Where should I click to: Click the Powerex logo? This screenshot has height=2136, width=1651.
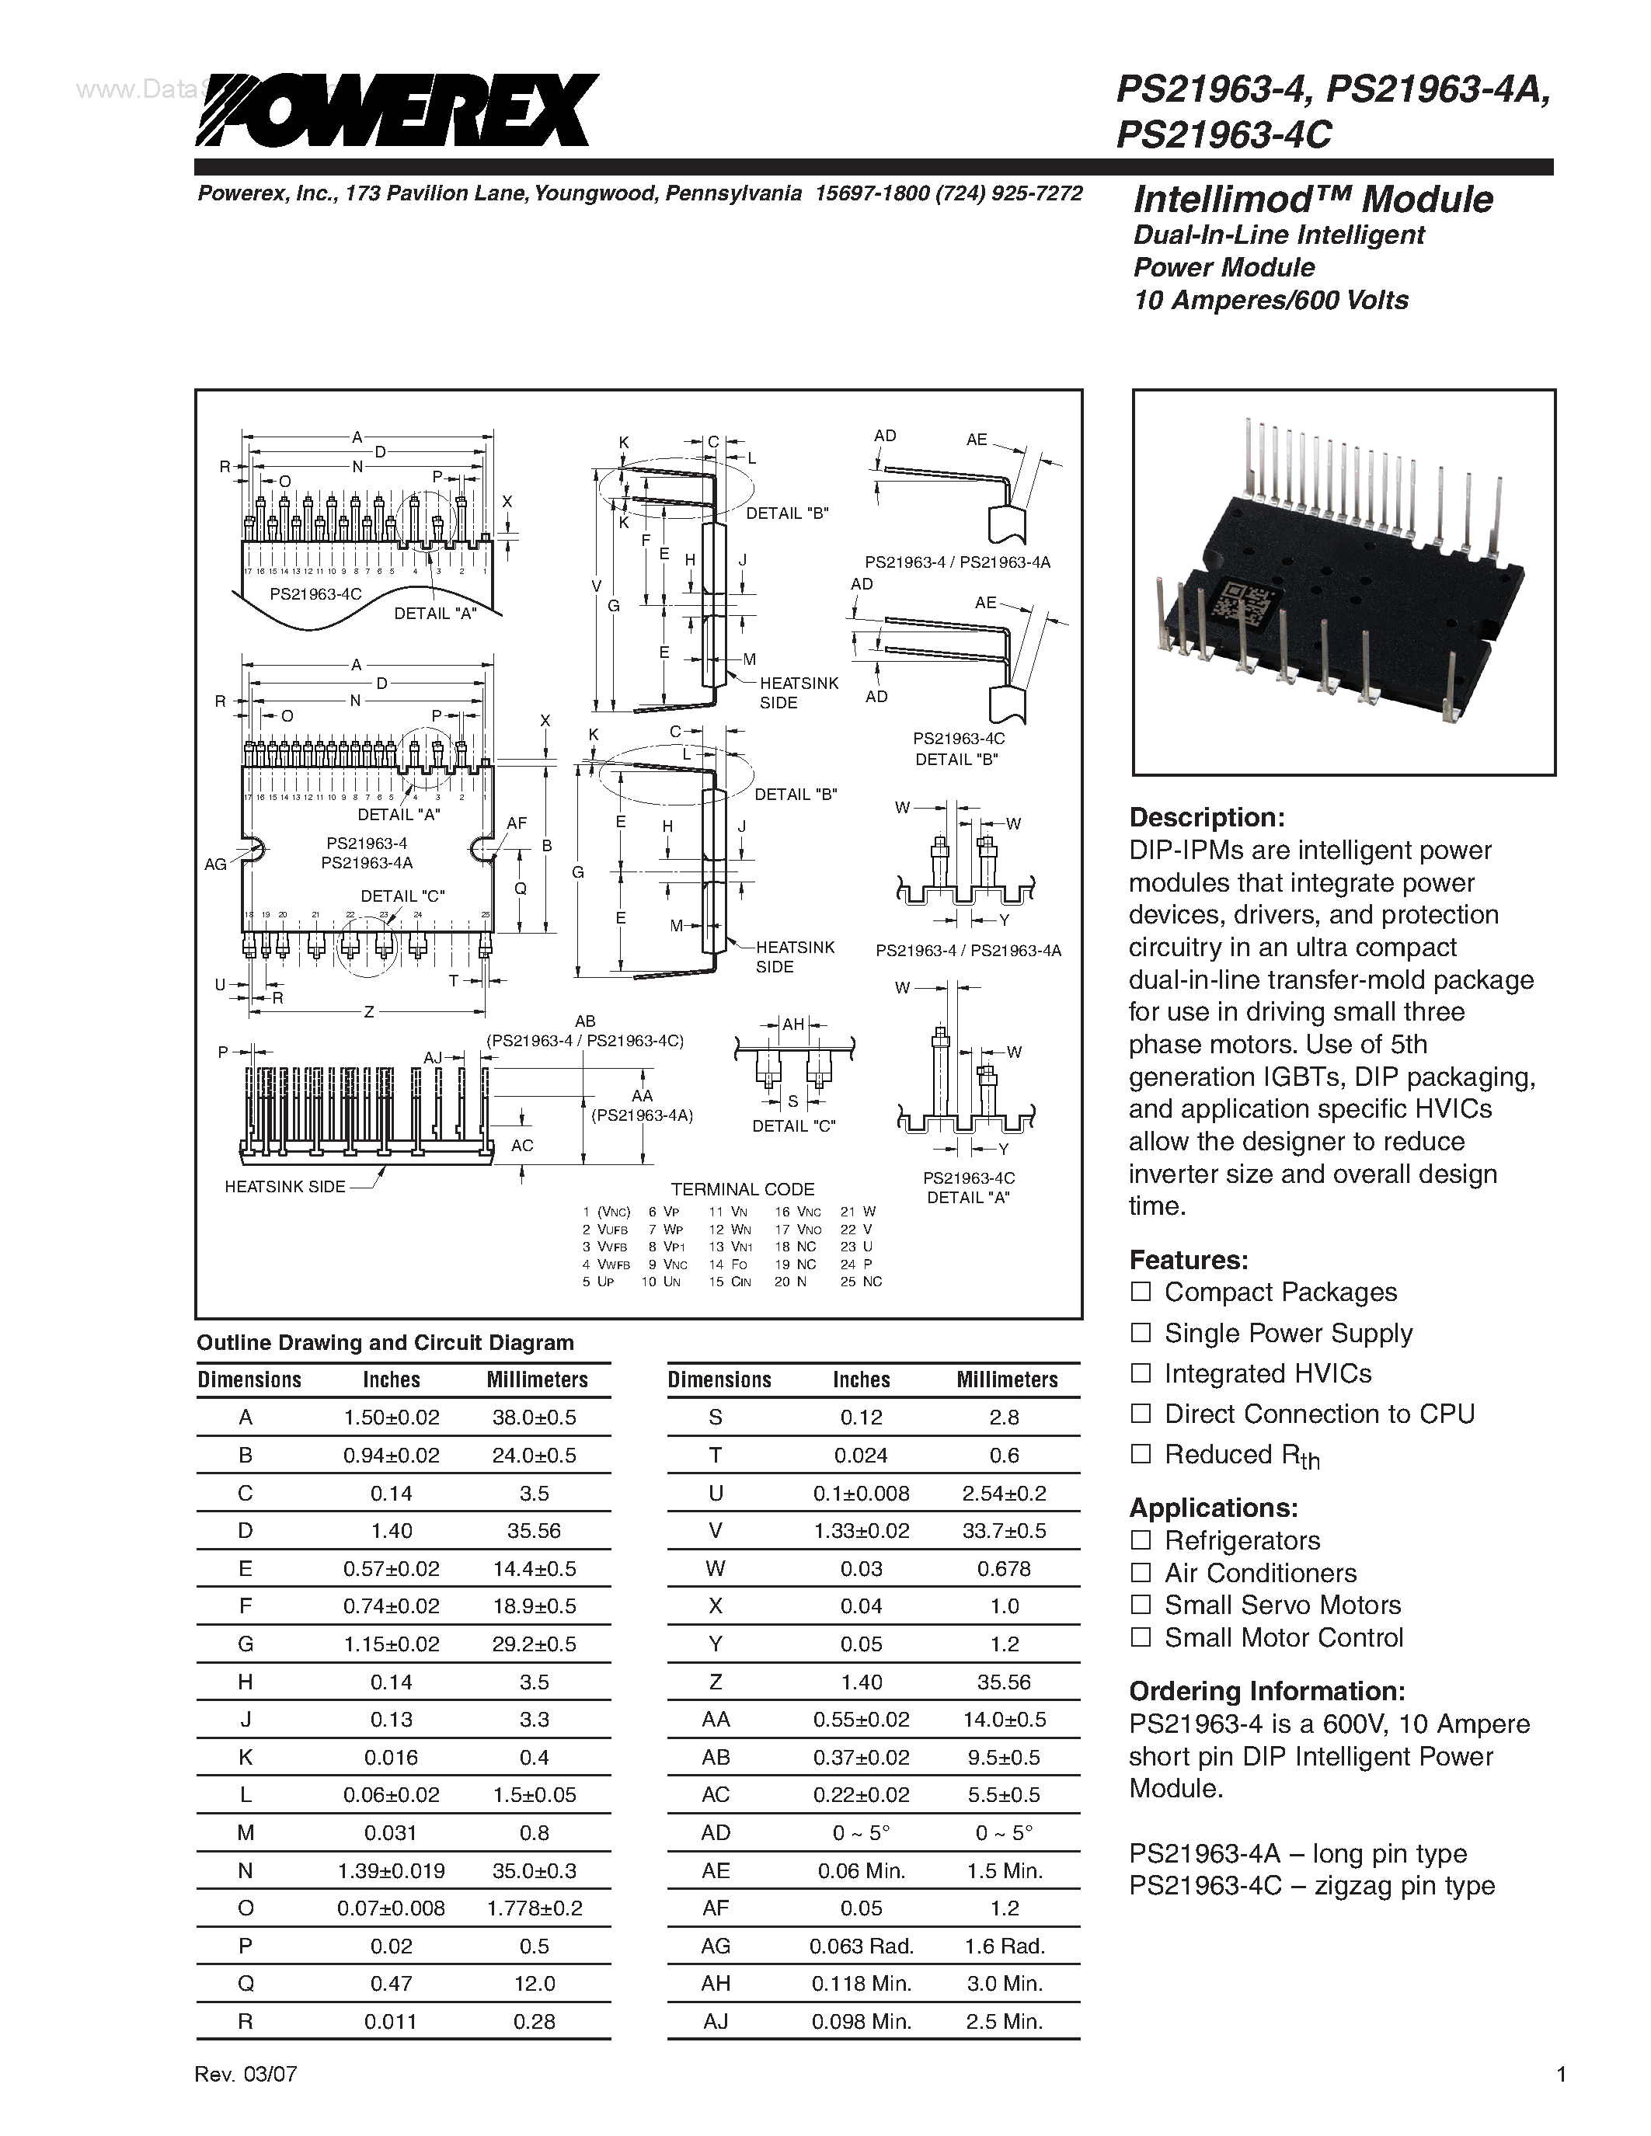(x=396, y=110)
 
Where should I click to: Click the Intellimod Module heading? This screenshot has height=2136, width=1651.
(x=1312, y=200)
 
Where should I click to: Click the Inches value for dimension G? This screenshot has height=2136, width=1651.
(x=392, y=1644)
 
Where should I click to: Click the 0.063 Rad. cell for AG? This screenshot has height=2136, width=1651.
(x=861, y=1946)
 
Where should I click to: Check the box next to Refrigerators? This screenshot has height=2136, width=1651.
(x=1141, y=1540)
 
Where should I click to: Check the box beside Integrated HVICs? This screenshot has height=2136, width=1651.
(x=1141, y=1373)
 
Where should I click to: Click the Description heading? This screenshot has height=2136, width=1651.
(x=1206, y=818)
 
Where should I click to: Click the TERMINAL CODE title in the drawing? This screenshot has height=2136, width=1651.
(x=742, y=1189)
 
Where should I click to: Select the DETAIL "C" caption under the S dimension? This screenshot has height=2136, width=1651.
(x=793, y=1125)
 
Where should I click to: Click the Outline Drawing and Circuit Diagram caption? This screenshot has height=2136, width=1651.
(x=385, y=1343)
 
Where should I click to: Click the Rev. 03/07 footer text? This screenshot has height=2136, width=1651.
(x=246, y=2101)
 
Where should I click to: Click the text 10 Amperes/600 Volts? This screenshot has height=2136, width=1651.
(x=1270, y=301)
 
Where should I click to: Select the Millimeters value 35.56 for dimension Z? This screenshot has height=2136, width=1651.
(x=1004, y=1682)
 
